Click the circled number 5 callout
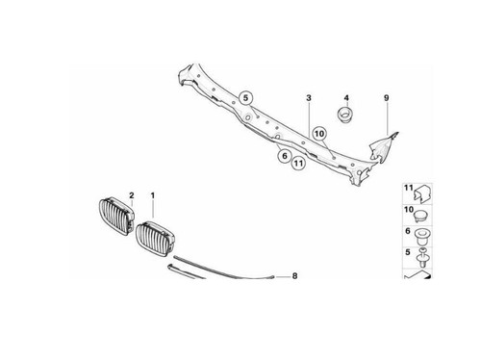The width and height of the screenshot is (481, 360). pos(245,98)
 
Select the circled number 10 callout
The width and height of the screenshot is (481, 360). pos(319,134)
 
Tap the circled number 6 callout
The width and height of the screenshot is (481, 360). pos(285,156)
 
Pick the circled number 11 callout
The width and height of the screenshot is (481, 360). pos(298,164)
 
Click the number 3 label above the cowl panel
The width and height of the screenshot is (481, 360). pos(309,98)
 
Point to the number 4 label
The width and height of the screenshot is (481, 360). pos(346,98)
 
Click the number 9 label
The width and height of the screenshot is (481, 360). pos(387,98)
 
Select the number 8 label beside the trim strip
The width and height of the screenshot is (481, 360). pos(294,276)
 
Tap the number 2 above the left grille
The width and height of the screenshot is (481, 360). pos(132,195)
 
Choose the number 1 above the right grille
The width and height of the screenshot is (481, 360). pos(153,195)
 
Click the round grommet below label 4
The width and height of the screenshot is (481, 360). pos(345,115)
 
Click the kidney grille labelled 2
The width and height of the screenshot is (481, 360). pos(115,217)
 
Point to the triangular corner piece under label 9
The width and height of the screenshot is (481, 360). pos(382,147)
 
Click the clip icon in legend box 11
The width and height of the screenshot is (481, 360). pos(423,194)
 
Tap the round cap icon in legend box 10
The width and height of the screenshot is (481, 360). pos(422,216)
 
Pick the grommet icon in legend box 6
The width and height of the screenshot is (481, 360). pos(423,237)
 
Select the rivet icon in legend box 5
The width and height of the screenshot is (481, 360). pos(423,258)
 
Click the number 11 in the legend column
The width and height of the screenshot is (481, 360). pos(408,188)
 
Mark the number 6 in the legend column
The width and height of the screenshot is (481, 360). pos(408,231)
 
